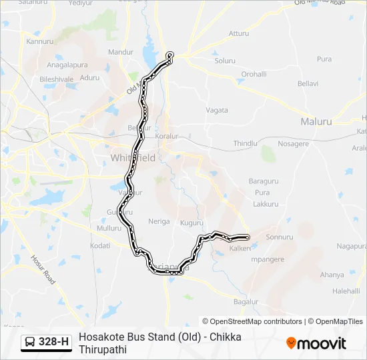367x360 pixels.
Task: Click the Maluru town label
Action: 316,121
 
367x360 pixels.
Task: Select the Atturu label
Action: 238,33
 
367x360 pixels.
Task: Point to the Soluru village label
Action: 225,61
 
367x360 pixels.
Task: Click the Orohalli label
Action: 254,74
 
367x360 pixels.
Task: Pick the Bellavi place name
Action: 308,84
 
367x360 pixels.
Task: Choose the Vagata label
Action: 217,110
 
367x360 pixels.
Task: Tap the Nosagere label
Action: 293,143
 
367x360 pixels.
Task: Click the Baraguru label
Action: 263,181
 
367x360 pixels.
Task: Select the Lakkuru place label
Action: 266,204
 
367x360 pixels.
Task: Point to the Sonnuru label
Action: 280,237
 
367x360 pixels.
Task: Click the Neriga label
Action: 159,221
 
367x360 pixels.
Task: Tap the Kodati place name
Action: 99,245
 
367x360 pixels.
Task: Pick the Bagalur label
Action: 246,302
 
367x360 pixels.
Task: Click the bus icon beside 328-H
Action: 30,342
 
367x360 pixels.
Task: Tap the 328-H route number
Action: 54,342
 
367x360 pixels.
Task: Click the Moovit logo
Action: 316,343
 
